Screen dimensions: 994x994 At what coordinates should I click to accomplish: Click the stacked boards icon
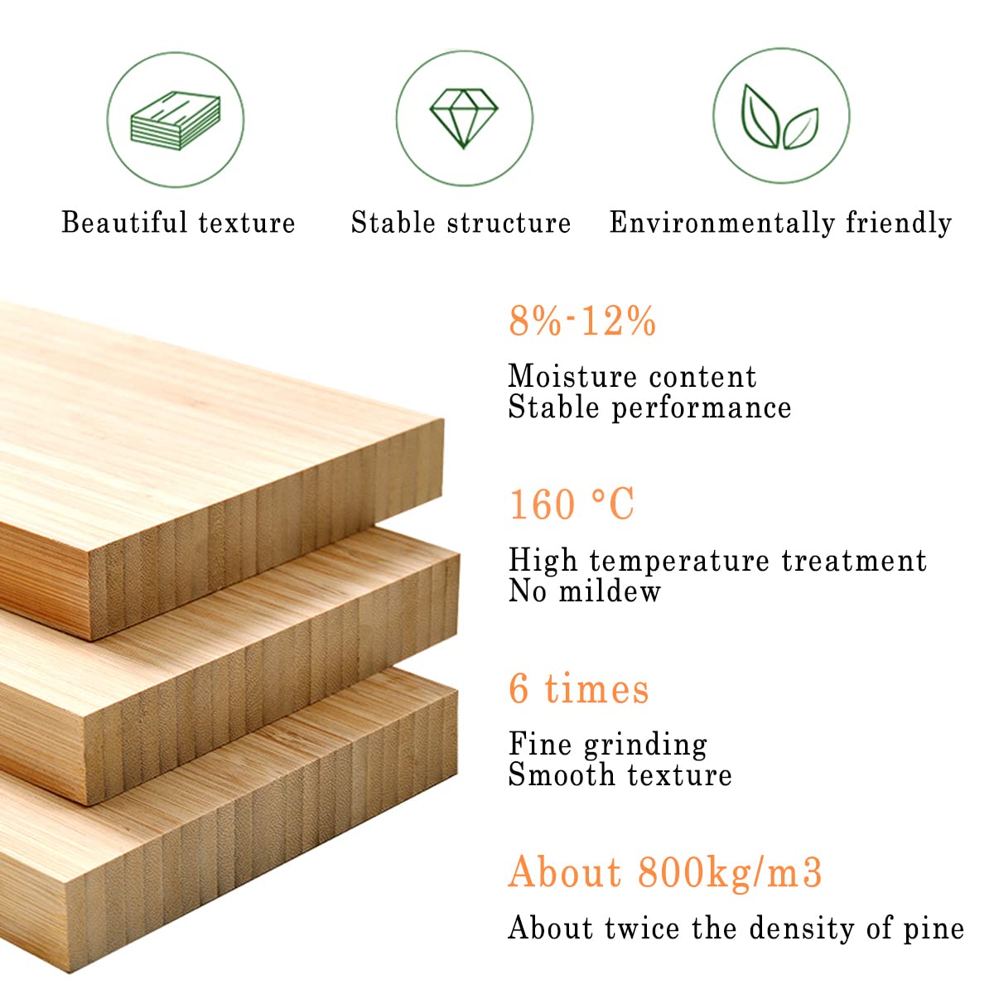[x=176, y=121]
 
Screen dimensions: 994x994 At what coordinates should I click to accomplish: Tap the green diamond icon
[x=464, y=118]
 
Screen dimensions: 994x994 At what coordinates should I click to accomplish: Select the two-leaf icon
[x=779, y=117]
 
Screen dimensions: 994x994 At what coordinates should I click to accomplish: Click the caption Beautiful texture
[x=178, y=223]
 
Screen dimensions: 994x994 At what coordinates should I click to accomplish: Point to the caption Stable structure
[x=461, y=223]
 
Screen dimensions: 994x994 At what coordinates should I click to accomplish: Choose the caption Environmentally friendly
[x=780, y=224]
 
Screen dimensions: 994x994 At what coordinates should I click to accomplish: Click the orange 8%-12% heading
[x=582, y=321]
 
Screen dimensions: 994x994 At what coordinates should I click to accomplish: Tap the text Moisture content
[x=632, y=376]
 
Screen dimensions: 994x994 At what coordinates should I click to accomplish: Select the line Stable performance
[x=650, y=408]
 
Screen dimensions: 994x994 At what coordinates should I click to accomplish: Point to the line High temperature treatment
[x=717, y=561]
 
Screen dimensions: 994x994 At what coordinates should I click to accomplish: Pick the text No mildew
[x=585, y=591]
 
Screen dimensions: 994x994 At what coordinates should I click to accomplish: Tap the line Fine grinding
[x=608, y=745]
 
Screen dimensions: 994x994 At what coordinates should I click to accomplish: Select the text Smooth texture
[x=620, y=775]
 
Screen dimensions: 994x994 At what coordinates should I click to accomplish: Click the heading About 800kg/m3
[x=665, y=872]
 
